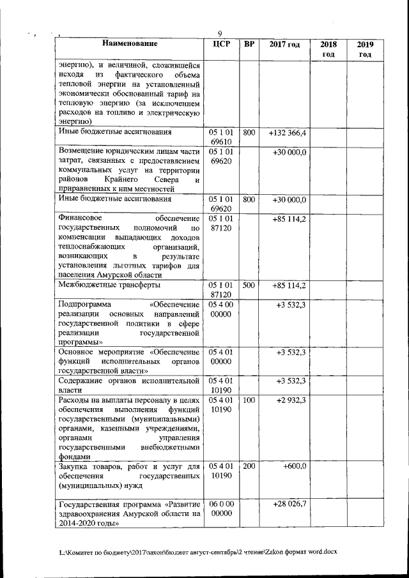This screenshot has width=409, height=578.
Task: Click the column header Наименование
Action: (x=128, y=45)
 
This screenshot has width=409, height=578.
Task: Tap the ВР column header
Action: (x=250, y=45)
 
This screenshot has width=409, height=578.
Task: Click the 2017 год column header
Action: (x=284, y=45)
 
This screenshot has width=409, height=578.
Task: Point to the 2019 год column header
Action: (x=365, y=49)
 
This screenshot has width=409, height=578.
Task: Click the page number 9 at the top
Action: (x=219, y=34)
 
